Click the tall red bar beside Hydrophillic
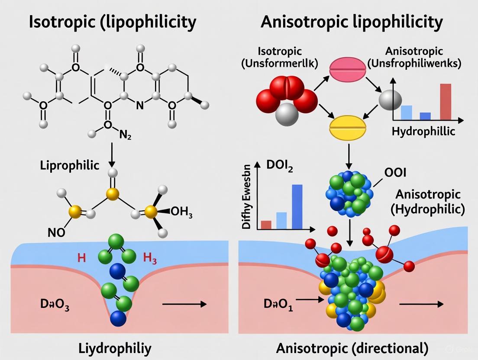445,101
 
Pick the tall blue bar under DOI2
297,206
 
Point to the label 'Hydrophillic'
423,131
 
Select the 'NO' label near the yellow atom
56,232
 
